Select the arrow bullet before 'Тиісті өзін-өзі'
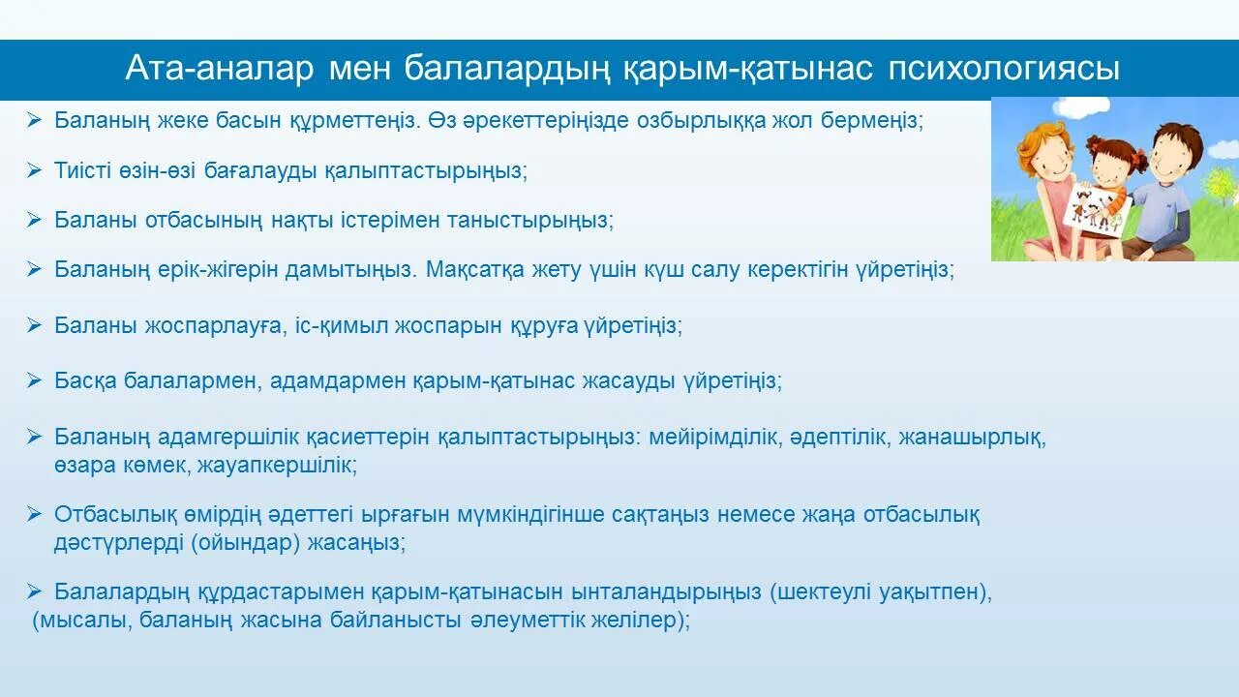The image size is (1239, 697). pyautogui.click(x=35, y=169)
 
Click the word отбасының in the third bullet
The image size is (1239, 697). pyautogui.click(x=203, y=219)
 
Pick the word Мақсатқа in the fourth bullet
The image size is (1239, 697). pyautogui.click(x=474, y=269)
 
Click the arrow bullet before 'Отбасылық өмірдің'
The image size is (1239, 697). pyautogui.click(x=35, y=513)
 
